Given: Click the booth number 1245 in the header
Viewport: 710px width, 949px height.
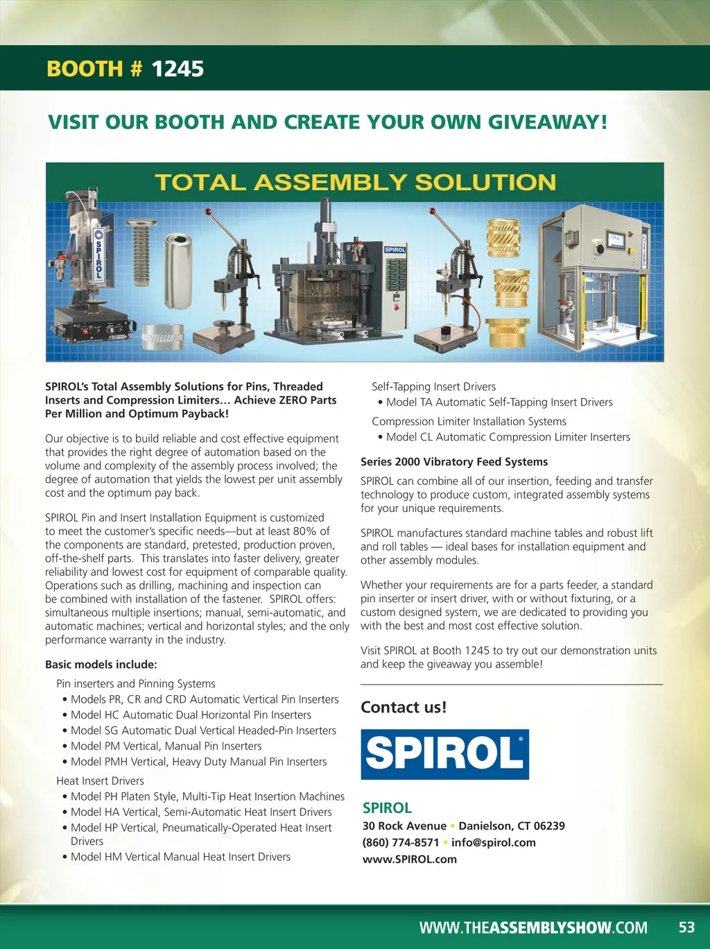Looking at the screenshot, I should click(177, 69).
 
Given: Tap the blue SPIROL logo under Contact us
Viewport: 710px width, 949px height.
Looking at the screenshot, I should click(444, 754).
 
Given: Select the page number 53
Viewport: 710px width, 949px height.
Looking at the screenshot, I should click(686, 927).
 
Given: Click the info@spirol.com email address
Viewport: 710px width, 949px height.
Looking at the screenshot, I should click(493, 842).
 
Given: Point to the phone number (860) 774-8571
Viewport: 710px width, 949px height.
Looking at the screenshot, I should click(400, 842).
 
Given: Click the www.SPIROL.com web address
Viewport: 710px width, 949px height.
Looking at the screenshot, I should click(409, 859).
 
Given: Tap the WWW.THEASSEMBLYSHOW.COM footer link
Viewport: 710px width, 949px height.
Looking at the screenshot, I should click(533, 927).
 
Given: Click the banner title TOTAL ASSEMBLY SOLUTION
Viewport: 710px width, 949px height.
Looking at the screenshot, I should click(355, 182).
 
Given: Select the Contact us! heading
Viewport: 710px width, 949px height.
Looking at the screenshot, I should click(404, 707).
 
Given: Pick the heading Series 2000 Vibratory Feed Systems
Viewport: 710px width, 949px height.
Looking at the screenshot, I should click(454, 462).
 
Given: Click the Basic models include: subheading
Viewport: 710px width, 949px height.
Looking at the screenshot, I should click(101, 664).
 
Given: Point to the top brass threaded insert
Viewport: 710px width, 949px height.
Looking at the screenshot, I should click(503, 238).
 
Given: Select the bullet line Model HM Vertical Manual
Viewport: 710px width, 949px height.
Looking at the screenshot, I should click(180, 857).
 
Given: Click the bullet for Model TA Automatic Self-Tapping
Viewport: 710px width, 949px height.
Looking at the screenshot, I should click(499, 402).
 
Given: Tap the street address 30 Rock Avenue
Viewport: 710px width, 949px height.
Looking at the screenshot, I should click(404, 826).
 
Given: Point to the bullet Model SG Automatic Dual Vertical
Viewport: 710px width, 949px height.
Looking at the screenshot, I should click(203, 730).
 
